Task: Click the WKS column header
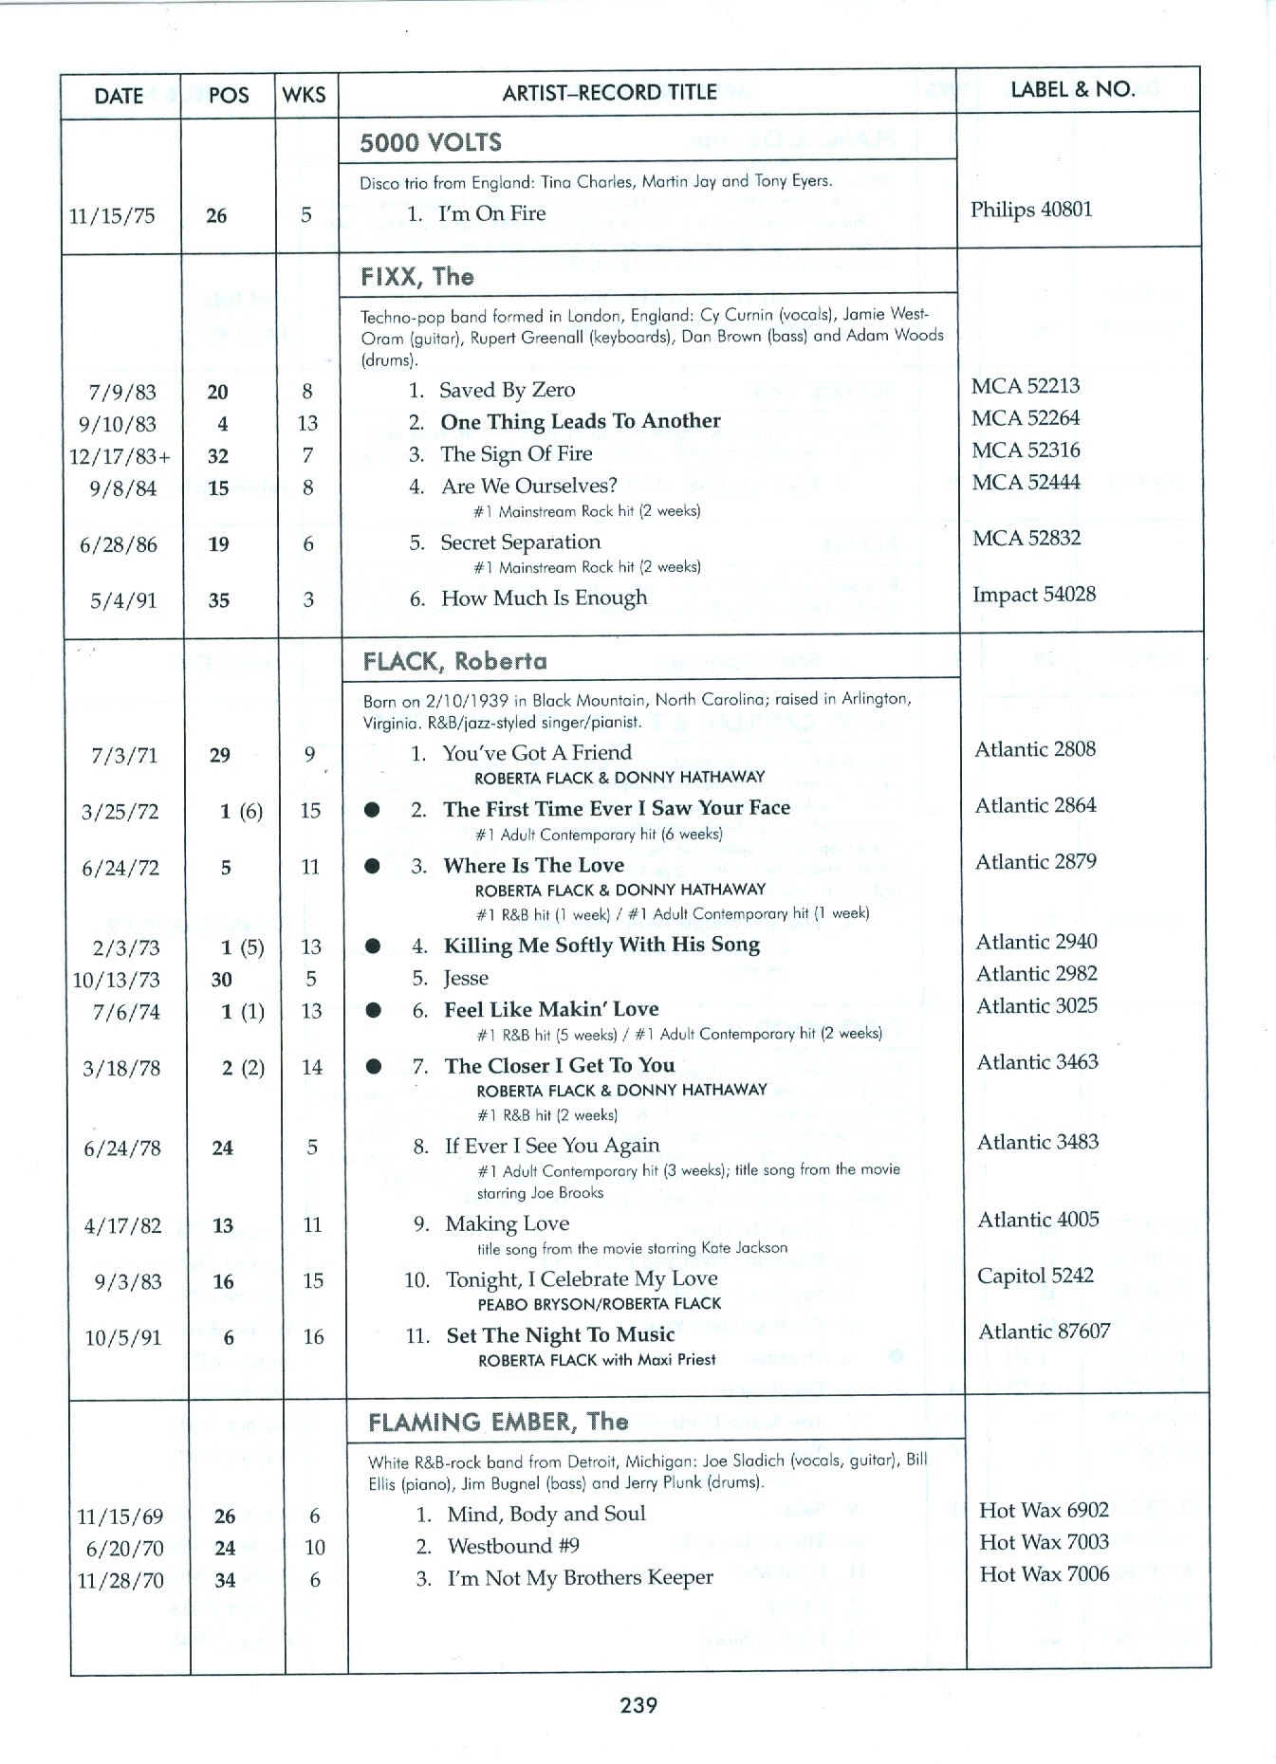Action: [305, 95]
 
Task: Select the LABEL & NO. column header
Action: [1072, 90]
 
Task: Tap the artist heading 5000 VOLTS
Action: [431, 143]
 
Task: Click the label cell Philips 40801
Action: [1031, 210]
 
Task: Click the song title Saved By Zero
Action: [507, 390]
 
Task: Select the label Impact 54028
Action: [1033, 595]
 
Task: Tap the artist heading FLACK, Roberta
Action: [455, 661]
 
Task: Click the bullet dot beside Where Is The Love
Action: [373, 866]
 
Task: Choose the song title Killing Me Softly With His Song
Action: [601, 946]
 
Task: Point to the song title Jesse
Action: [466, 978]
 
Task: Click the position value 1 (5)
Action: [242, 947]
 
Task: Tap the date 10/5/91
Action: [123, 1338]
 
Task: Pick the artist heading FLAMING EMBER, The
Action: [498, 1422]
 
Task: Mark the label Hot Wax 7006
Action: [1044, 1574]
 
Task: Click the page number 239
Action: [638, 1705]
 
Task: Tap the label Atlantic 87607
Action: [1044, 1332]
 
